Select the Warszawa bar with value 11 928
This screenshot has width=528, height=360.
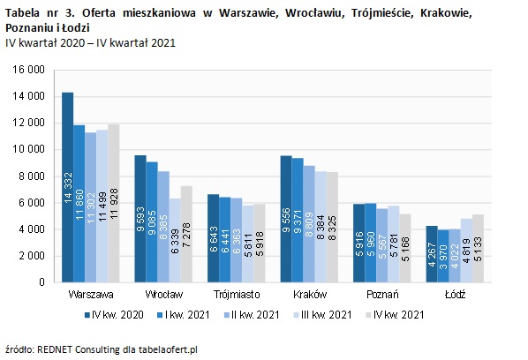pyautogui.click(x=113, y=203)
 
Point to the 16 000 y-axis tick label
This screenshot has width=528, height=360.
pyautogui.click(x=30, y=70)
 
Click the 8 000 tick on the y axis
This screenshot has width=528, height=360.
pyautogui.click(x=33, y=176)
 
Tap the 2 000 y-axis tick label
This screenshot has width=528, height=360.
pyautogui.click(x=33, y=256)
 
